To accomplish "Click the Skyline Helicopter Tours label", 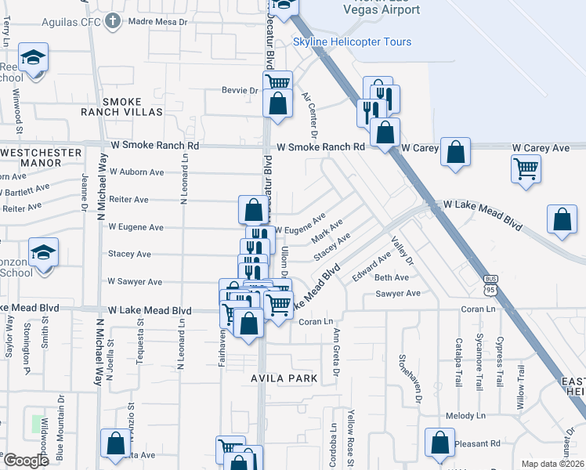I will tap(352, 42).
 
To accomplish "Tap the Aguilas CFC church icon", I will tap(114, 21).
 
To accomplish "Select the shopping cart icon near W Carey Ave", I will tap(526, 168).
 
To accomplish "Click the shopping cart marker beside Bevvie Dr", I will tap(278, 82).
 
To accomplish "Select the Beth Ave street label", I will tap(392, 278).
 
